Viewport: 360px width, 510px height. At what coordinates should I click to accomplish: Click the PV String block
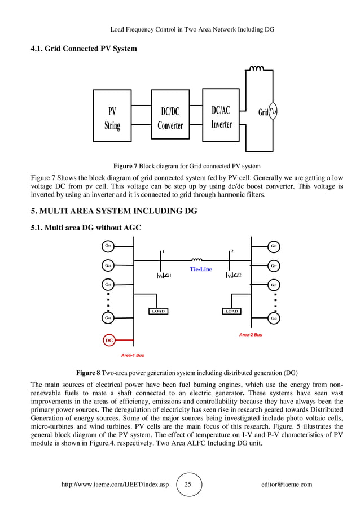tap(112, 119)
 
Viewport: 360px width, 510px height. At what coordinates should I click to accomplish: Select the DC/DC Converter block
tap(170, 119)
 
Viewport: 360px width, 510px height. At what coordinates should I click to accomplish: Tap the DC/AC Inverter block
tap(221, 117)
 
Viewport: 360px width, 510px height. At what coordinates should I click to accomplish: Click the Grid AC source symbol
tap(273, 112)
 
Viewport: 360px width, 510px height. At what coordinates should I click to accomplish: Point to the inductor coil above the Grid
tap(257, 69)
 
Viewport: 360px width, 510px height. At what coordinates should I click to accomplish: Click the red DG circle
tap(109, 341)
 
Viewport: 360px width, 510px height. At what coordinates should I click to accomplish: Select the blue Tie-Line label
tap(200, 269)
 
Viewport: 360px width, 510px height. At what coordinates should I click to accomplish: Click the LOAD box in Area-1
tap(159, 311)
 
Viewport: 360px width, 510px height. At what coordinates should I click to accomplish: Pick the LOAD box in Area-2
tap(231, 311)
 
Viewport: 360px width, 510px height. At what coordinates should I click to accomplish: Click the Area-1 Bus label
tap(133, 356)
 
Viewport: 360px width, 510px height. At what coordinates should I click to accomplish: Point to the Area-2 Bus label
tap(251, 335)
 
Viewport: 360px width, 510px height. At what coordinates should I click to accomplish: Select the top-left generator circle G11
tap(108, 246)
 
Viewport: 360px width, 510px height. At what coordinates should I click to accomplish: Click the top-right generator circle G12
tap(274, 246)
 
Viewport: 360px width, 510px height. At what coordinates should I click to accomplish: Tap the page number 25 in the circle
tap(189, 485)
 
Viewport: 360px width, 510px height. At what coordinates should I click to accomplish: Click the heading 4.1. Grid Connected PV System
tap(84, 49)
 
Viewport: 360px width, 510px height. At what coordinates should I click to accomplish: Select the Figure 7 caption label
tap(125, 166)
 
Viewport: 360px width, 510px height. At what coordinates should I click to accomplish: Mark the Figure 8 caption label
tap(88, 373)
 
